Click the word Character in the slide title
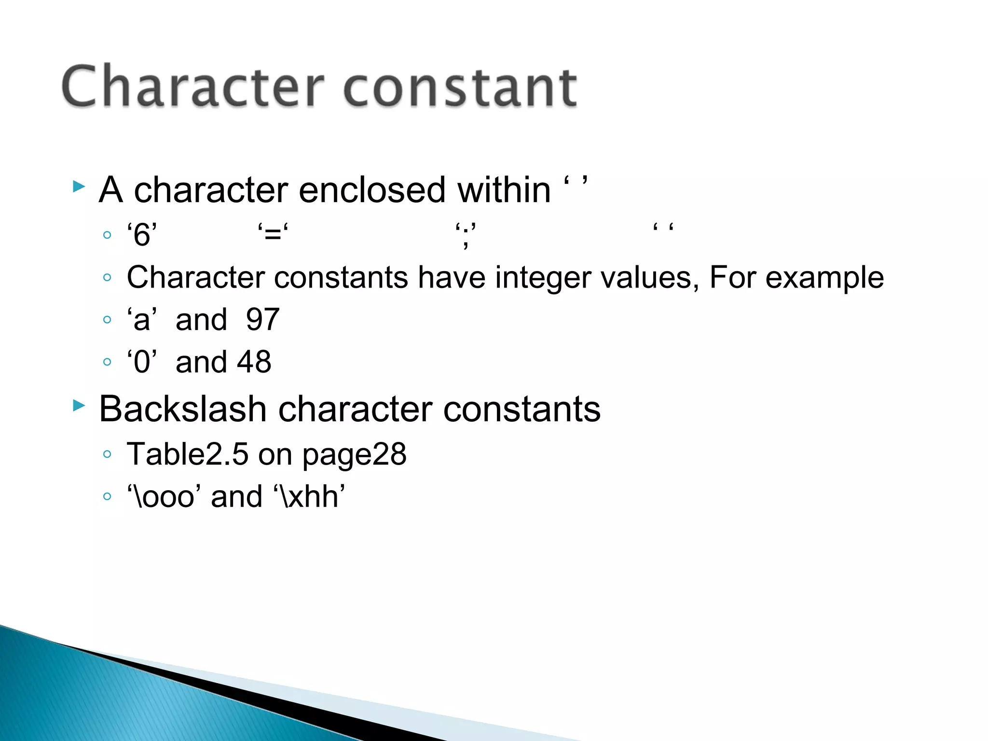(192, 87)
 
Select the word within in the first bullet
(504, 190)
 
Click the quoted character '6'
(142, 235)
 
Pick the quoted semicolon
(466, 235)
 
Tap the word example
(824, 278)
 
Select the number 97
(262, 319)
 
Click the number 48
(254, 362)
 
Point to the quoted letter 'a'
(142, 319)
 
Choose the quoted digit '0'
(142, 362)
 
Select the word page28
(355, 455)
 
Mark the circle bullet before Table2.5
(107, 454)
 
